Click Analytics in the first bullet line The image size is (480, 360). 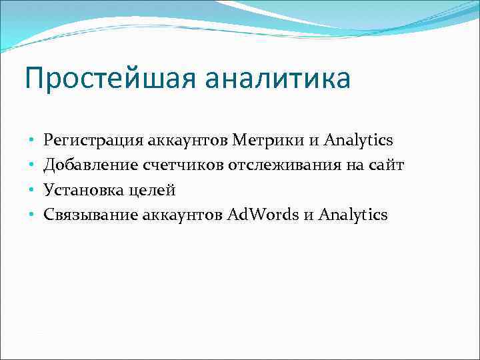pyautogui.click(x=358, y=141)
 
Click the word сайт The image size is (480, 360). pyautogui.click(x=387, y=165)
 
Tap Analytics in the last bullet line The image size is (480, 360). pyautogui.click(x=353, y=215)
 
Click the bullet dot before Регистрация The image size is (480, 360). pyautogui.click(x=31, y=141)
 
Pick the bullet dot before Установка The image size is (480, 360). pyautogui.click(x=31, y=191)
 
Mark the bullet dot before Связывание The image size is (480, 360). pyautogui.click(x=31, y=215)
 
